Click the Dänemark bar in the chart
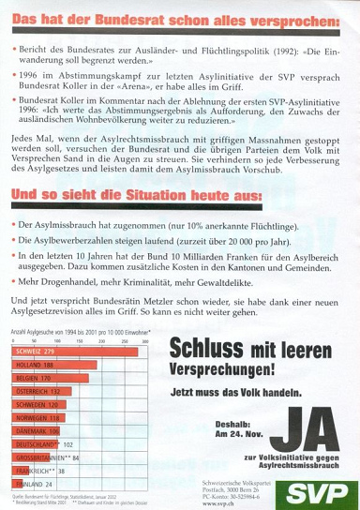38,430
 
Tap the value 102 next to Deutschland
67,444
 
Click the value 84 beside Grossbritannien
76,457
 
